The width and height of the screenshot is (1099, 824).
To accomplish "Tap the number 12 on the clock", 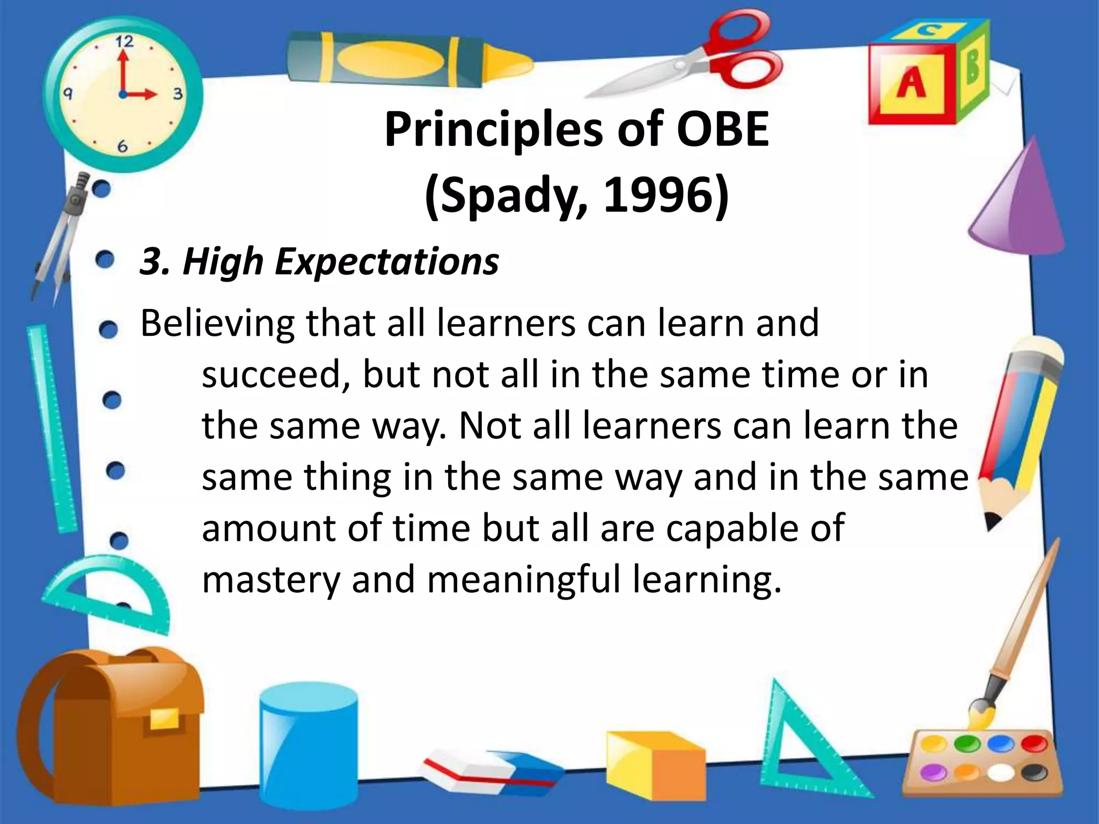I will point(124,41).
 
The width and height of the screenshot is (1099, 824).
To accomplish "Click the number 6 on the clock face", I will point(122,146).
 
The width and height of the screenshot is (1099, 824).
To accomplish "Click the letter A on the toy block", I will point(911,84).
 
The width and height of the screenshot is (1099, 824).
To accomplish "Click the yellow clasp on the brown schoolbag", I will point(164,718).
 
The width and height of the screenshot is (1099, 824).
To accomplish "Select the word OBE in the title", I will point(722,130).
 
